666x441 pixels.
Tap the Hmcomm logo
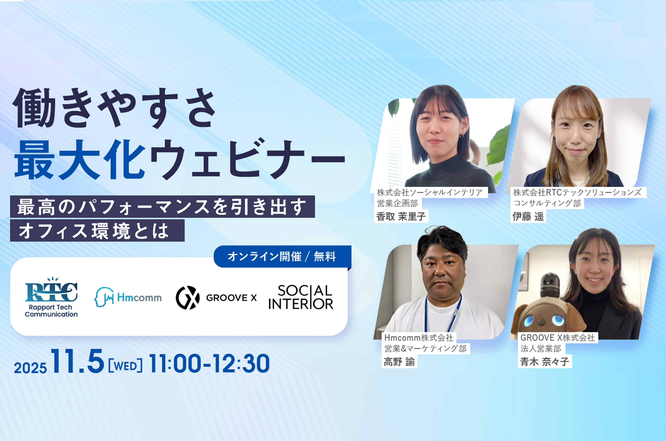click(128, 297)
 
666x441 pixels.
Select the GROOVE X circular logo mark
click(188, 298)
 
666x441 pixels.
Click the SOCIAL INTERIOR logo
click(301, 297)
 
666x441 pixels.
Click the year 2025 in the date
click(30, 368)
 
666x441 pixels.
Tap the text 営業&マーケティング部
click(425, 349)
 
